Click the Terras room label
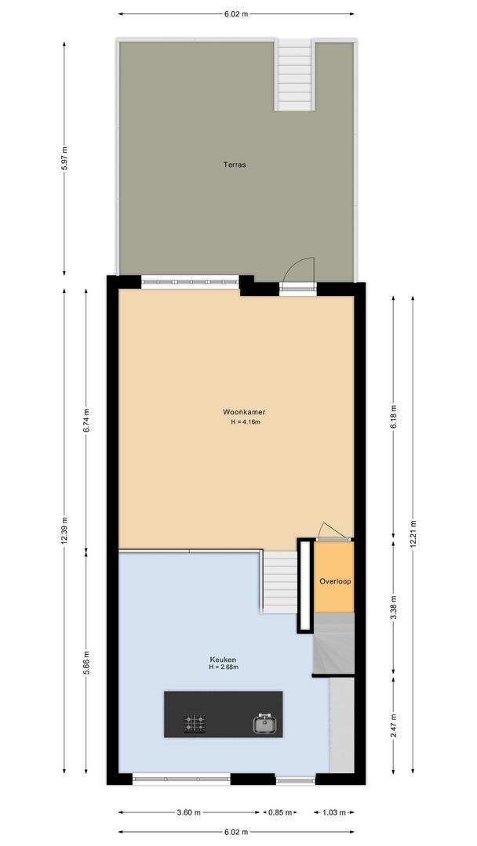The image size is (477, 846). pos(235,165)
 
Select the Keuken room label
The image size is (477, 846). pos(223,660)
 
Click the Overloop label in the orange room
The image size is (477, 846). pos(335,582)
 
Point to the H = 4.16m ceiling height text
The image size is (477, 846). pos(245,422)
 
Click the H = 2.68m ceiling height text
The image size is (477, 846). pos(223,668)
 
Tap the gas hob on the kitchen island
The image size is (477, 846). pos(195,723)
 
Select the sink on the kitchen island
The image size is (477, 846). pos(266,724)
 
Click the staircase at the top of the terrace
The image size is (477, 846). pos(294,76)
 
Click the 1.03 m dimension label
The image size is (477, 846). pos(335,812)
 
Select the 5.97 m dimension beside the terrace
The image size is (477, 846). pos(64,160)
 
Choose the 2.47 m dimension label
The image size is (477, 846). pos(394,725)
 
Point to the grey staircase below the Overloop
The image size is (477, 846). pos(333,642)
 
